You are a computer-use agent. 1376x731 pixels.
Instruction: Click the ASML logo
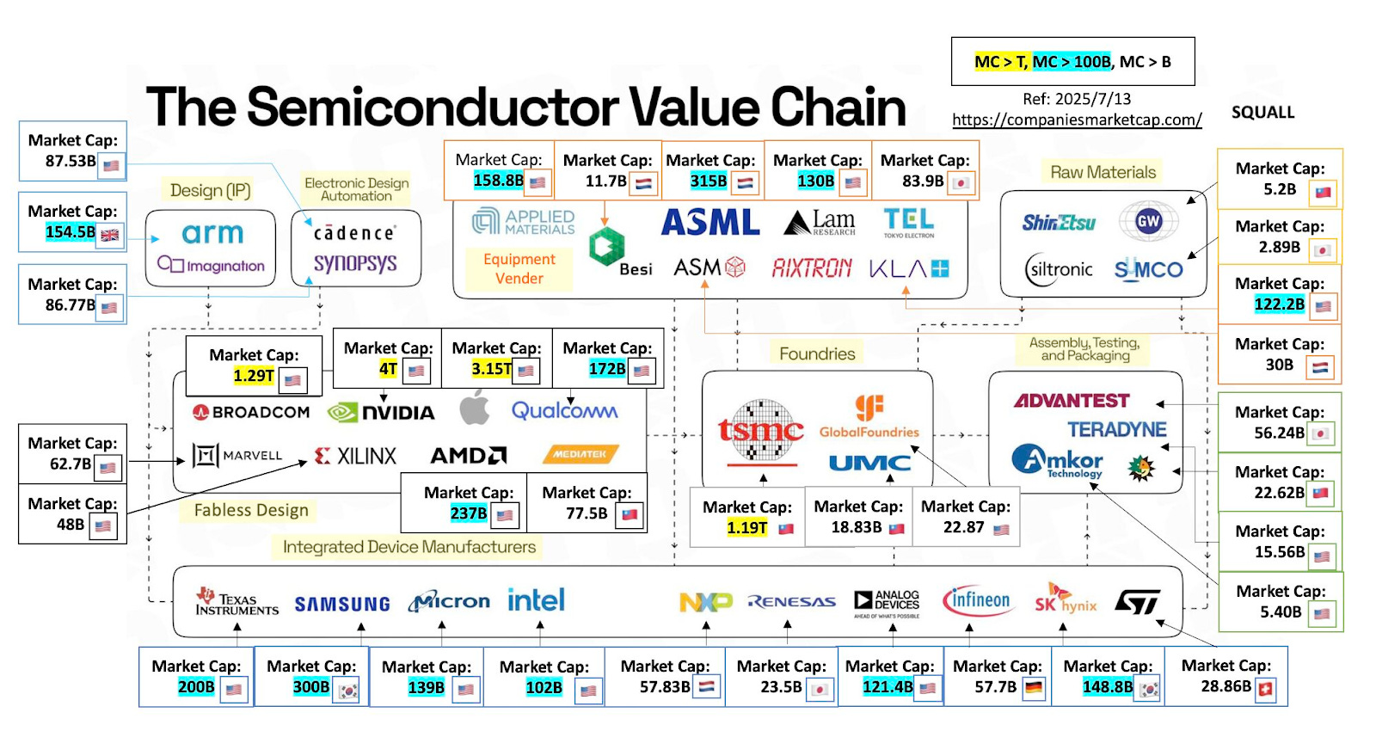tap(710, 223)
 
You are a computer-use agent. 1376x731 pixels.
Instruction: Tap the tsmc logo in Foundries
tap(760, 431)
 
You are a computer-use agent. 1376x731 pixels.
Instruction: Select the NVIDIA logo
tap(381, 413)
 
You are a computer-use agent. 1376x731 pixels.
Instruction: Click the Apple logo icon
tap(474, 408)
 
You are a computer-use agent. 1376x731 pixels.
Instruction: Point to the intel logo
tap(536, 600)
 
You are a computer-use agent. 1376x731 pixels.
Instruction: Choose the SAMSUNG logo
tap(342, 605)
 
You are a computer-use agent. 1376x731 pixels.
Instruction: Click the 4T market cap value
tap(388, 369)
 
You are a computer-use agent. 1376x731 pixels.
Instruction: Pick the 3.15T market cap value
tap(491, 369)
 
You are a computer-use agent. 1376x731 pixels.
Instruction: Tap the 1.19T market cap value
tap(746, 527)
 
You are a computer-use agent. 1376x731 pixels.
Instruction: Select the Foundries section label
tap(817, 353)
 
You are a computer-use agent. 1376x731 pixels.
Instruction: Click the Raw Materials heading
tap(1103, 172)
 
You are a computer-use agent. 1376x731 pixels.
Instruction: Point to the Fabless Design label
tap(250, 510)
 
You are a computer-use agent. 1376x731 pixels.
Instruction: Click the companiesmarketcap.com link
tap(1077, 120)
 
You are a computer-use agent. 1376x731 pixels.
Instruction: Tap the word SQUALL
tap(1262, 113)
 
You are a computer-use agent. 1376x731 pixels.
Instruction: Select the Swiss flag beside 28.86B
tap(1266, 688)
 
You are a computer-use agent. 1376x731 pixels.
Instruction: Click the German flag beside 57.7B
tap(1034, 688)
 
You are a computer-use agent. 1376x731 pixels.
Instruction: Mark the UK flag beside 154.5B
tap(110, 235)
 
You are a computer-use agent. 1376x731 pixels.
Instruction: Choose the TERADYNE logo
tap(1117, 429)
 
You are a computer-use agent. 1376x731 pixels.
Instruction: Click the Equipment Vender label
tap(519, 268)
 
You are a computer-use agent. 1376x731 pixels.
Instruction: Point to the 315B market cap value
tap(708, 181)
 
